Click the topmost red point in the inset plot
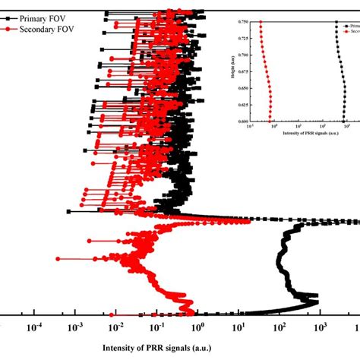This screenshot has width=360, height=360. tap(261, 23)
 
